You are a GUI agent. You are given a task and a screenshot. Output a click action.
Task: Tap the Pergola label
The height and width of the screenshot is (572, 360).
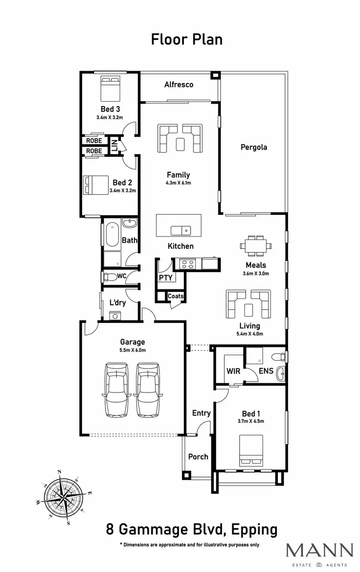[x=253, y=147]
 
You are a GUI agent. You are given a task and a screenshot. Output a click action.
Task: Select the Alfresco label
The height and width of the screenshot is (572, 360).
[x=179, y=84]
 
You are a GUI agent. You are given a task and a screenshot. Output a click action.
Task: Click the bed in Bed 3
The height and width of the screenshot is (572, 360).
[x=110, y=87]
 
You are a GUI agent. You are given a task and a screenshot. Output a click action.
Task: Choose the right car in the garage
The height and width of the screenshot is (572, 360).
[x=148, y=389]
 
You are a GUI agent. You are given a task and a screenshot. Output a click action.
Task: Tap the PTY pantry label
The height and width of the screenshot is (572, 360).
[x=165, y=277]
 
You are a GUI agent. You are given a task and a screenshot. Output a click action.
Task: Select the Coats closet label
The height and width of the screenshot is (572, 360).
[x=175, y=297]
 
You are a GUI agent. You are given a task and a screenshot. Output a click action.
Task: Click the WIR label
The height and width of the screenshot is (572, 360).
[x=233, y=371]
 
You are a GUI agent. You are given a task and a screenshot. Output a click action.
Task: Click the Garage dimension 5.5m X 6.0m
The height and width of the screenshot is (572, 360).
[x=132, y=350]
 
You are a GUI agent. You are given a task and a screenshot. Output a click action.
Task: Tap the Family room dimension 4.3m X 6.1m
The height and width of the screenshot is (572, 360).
[x=178, y=183]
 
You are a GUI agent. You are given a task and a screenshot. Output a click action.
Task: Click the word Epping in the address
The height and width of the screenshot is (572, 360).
[x=254, y=530]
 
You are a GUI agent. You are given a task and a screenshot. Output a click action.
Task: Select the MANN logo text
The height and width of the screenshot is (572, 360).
[x=319, y=550]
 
